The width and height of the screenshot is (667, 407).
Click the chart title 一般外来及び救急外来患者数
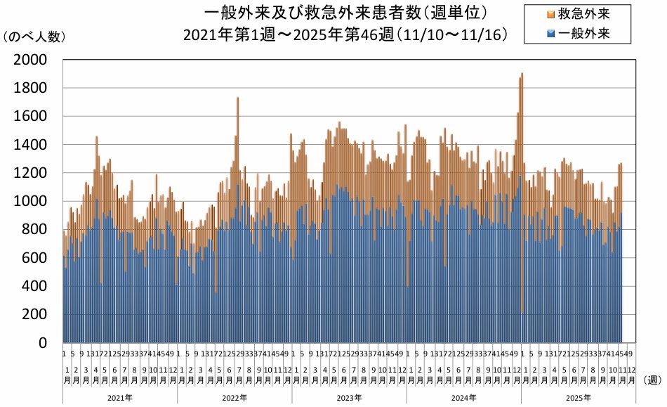343,13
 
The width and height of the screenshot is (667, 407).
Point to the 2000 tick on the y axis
29,60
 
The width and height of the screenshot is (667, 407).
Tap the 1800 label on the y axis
29,89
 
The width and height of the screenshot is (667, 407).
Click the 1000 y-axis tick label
29,202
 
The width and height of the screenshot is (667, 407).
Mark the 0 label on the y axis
42,343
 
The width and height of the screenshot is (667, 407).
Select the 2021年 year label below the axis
119,398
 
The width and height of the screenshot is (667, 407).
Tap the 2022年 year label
234,398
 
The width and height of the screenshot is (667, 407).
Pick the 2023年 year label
349,398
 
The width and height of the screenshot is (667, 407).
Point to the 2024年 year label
463,398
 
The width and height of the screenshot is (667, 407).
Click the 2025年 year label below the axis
579,398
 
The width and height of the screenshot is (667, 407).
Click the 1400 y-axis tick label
29,145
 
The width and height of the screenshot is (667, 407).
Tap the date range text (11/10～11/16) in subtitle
451,34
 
